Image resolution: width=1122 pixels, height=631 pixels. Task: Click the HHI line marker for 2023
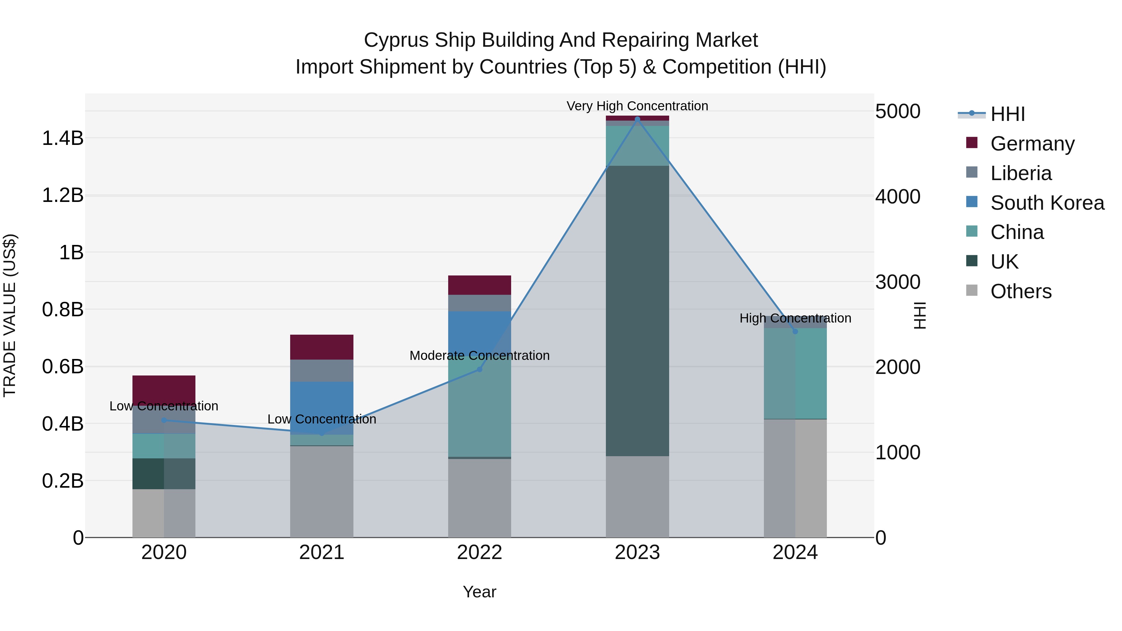[x=637, y=119]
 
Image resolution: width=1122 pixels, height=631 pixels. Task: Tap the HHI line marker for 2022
[x=480, y=369]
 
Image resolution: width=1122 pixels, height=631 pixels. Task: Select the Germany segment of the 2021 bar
[x=321, y=347]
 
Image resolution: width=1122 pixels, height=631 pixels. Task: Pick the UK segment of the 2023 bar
[x=637, y=311]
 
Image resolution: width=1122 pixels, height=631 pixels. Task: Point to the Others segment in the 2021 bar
[x=321, y=492]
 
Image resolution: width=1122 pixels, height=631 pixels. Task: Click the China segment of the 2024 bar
[x=795, y=374]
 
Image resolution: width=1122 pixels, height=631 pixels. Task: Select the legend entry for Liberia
[x=1020, y=173]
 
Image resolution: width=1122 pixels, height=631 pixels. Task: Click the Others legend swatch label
[x=1020, y=291]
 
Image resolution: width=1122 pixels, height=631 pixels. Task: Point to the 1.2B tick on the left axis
[x=63, y=195]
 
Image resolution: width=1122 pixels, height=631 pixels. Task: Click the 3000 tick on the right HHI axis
[x=898, y=282]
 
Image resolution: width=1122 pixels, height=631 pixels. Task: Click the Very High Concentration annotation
[x=637, y=106]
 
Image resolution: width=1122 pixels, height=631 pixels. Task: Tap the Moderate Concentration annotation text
[x=480, y=356]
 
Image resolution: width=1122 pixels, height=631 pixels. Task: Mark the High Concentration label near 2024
[x=795, y=318]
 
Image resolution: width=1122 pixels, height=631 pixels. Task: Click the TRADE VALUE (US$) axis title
[x=10, y=315]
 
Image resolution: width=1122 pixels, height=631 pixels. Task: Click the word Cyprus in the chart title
[x=390, y=41]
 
